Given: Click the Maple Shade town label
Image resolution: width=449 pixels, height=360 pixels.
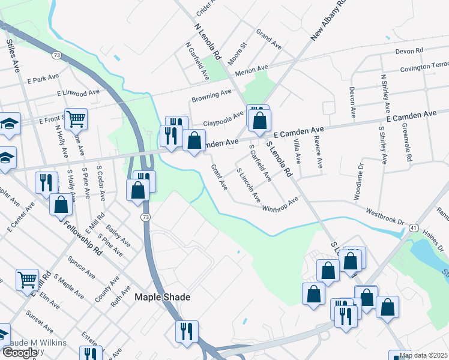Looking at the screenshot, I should [x=162, y=297].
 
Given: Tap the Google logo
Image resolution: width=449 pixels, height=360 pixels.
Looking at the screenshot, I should [x=20, y=353].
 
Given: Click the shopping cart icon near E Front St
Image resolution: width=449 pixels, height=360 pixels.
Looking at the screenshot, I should [x=76, y=119].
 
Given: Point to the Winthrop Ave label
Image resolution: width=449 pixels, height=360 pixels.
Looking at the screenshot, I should [x=280, y=205].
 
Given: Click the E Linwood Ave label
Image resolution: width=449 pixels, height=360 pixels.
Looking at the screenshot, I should [x=78, y=94].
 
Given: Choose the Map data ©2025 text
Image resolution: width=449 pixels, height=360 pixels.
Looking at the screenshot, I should [x=424, y=355].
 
